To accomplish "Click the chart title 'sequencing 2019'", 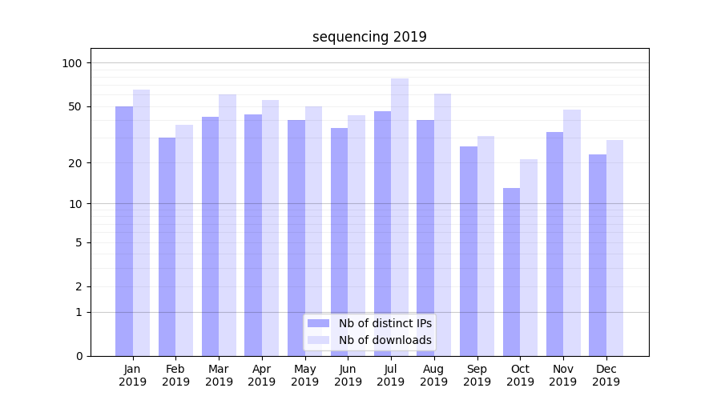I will [369, 37].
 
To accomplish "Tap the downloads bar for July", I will [400, 216].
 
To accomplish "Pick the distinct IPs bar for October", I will [511, 272].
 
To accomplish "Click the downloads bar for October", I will [529, 257].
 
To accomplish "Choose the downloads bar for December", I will [614, 248].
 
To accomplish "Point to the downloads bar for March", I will [228, 225].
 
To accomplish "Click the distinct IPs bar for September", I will [469, 251].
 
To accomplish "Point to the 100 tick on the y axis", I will [72, 63].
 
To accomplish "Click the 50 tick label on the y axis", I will [75, 106].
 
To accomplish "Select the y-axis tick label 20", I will [75, 163].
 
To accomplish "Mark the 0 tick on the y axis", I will [79, 356].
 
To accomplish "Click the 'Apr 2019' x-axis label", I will [262, 375].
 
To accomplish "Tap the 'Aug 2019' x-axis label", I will [434, 375].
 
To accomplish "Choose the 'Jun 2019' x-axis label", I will [348, 375].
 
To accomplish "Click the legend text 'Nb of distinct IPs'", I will [385, 323].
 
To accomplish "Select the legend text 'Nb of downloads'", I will [385, 340].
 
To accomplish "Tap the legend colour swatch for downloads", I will [319, 340].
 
